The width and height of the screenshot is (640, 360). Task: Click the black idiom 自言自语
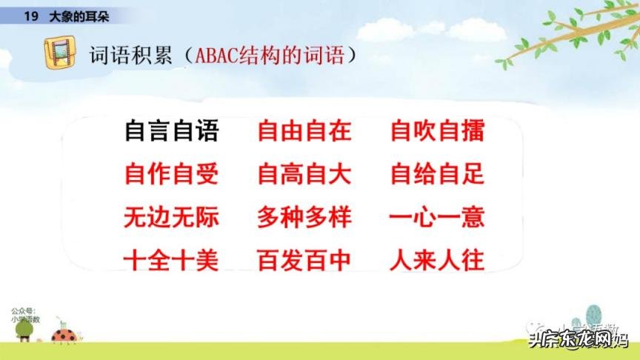(171, 131)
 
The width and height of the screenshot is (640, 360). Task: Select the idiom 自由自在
(304, 131)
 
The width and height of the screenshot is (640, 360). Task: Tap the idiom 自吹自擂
(437, 131)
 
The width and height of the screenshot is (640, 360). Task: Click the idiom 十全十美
(171, 260)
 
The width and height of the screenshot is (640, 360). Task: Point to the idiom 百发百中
(304, 260)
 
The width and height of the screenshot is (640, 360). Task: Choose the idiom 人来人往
(437, 260)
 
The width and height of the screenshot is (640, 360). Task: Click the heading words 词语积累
(132, 56)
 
